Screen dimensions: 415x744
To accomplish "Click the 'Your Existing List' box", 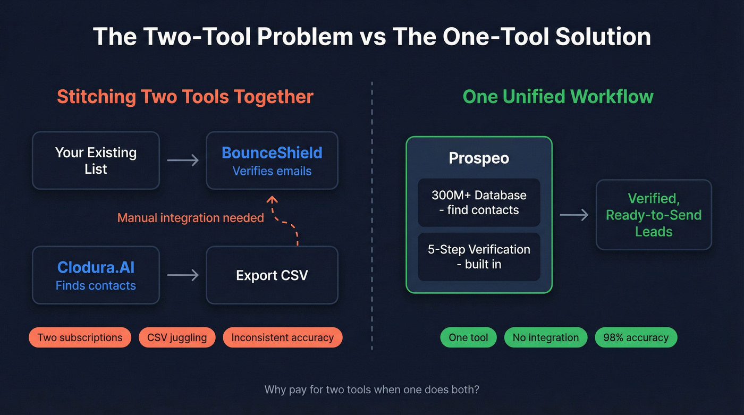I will coord(96,160).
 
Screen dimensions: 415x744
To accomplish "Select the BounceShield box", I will coord(272,160).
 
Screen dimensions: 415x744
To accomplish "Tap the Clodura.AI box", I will coord(96,275).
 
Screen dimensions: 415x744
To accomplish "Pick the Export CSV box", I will coord(272,275).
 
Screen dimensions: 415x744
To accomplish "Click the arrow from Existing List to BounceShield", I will coord(183,160).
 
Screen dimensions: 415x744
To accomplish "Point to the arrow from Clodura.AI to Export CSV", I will coord(183,275).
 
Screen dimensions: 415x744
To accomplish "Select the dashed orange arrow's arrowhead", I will coord(272,200).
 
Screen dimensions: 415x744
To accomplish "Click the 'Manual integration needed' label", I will coord(190,218).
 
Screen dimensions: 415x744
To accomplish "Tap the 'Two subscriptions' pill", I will coord(80,337).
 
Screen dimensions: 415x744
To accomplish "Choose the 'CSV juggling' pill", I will coord(177,337).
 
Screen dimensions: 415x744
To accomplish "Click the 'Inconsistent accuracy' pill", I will coord(282,337).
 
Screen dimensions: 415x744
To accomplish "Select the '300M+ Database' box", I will coord(479,202).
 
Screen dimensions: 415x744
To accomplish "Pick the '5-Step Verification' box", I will coord(479,257).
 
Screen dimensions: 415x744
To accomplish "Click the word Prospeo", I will coord(479,158).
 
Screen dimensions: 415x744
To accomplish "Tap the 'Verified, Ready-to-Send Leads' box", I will coord(654,215).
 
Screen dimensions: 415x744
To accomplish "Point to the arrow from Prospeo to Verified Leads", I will coord(574,215).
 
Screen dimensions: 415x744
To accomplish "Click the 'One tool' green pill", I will coord(468,337).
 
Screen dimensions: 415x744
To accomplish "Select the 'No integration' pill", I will coord(545,337).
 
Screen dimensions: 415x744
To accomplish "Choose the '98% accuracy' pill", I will coord(636,337).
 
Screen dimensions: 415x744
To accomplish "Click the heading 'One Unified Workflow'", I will coord(558,97).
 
